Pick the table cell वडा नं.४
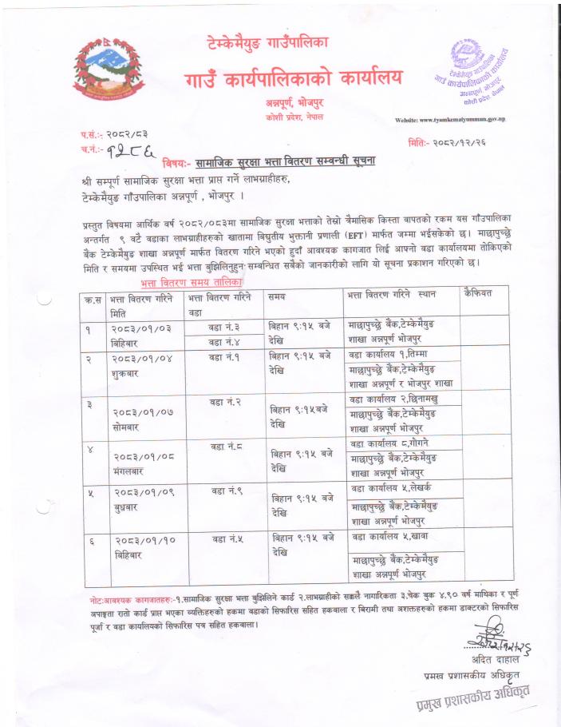[225, 342]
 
